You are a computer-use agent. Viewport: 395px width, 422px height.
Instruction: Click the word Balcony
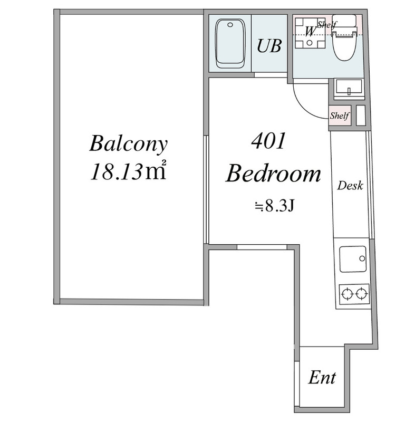[128, 144]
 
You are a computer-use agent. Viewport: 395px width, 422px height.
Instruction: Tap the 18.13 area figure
[116, 172]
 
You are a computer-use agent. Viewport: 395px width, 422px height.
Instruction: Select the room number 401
[268, 141]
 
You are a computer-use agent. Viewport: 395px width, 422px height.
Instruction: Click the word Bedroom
[273, 174]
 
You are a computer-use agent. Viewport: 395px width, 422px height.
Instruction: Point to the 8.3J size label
[274, 206]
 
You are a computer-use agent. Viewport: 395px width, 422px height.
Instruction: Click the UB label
[269, 46]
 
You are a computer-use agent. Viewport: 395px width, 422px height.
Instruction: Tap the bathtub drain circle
[230, 25]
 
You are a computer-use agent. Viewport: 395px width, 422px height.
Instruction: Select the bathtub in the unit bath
[230, 43]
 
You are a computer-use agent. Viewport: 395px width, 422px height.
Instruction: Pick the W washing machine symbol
[310, 33]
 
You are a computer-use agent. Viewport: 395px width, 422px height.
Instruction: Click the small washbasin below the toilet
[349, 89]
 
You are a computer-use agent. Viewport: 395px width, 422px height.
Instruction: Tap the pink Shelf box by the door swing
[340, 116]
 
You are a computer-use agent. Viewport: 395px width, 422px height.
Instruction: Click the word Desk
[350, 186]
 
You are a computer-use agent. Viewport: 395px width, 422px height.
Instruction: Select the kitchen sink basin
[353, 259]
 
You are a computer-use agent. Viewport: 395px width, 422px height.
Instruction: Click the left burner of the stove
[347, 294]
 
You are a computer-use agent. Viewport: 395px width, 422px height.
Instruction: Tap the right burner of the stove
[361, 293]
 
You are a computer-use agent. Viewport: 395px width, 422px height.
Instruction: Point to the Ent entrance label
[322, 378]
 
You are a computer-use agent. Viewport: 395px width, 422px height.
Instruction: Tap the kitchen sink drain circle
[362, 258]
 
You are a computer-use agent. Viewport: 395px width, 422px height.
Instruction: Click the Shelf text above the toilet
[326, 25]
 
